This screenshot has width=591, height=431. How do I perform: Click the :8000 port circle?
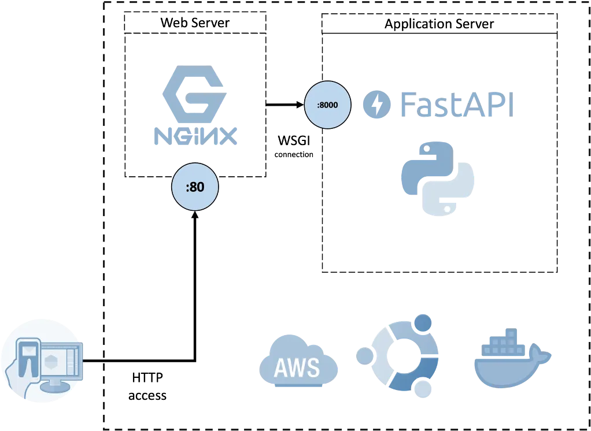(327, 105)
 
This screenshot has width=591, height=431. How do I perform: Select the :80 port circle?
(195, 187)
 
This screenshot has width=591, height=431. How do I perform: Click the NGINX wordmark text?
(197, 136)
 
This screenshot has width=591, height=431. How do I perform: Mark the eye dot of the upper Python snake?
(426, 149)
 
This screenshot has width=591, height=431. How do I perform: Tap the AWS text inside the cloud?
(297, 367)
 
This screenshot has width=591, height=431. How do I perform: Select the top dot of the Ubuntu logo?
(424, 321)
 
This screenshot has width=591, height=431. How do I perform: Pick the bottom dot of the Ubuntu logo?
(424, 389)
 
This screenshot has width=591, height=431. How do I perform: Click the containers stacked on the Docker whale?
(503, 344)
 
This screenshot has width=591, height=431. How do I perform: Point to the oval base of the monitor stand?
(55, 387)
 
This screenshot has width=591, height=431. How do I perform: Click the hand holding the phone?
(17, 376)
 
